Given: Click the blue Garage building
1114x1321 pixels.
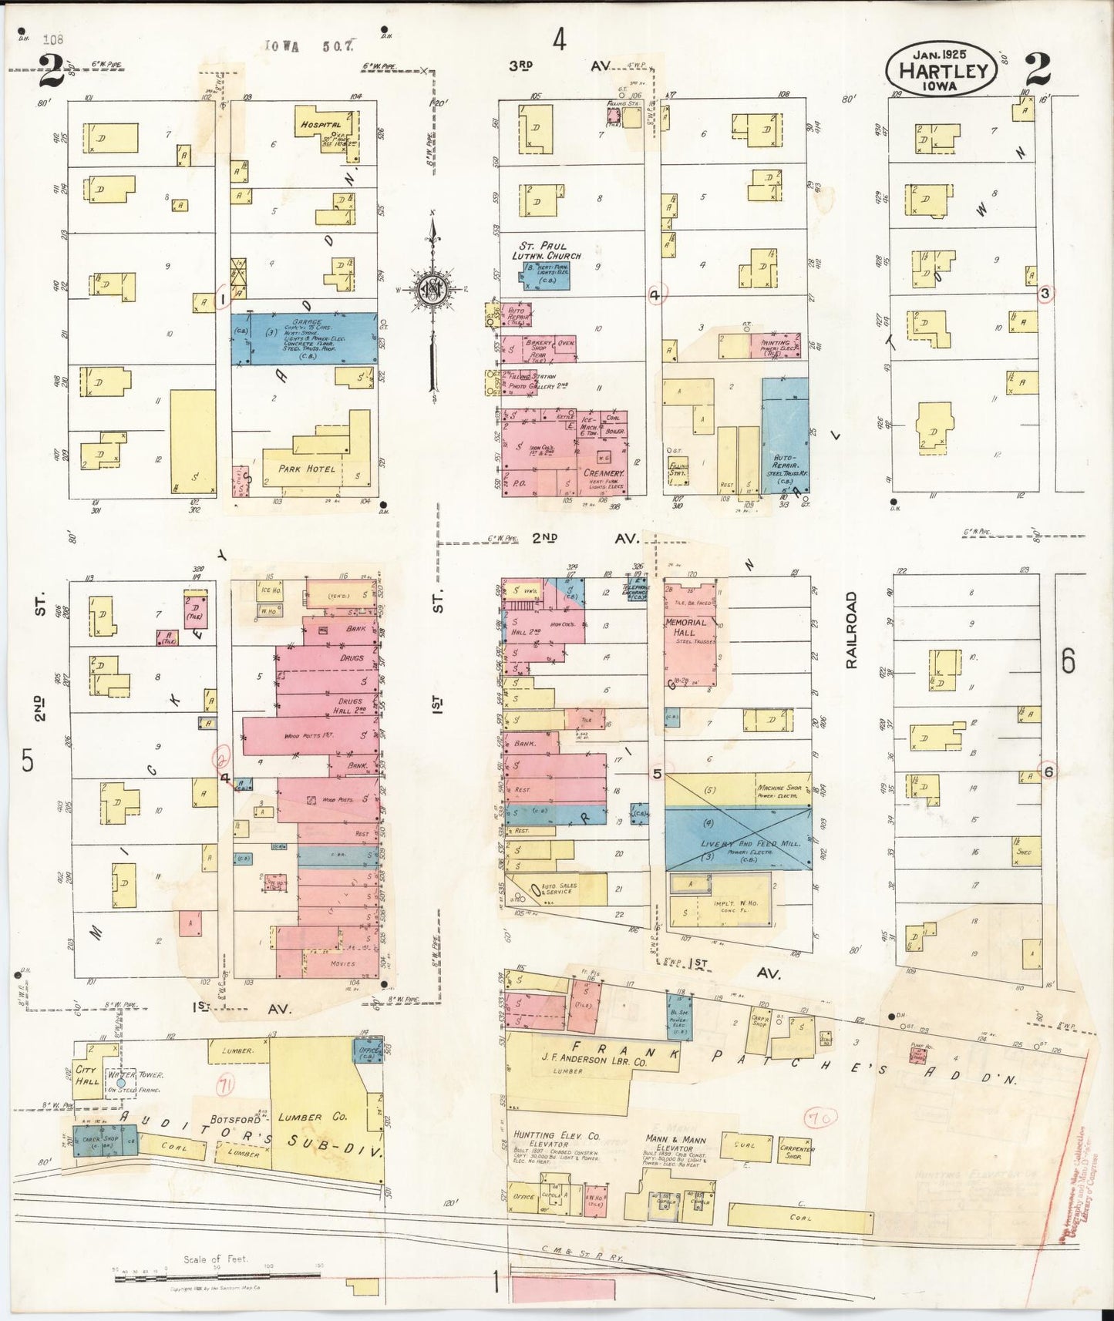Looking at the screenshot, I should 305,338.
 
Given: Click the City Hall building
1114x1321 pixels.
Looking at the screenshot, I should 87,1076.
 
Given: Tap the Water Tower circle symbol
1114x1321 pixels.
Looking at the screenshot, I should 121,1083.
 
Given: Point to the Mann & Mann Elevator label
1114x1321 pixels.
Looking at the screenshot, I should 671,1143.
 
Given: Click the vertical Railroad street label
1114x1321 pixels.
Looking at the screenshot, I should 851,630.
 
